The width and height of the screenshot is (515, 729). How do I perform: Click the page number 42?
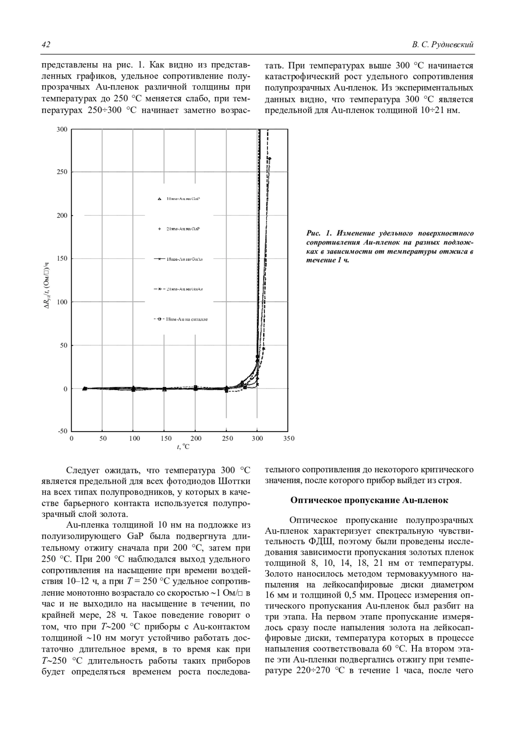46,45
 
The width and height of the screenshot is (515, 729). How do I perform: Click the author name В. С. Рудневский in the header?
442,45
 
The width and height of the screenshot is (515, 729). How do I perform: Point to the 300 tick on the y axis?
62,129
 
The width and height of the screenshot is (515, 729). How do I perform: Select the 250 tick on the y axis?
62,172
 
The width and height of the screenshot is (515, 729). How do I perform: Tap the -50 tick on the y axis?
62,431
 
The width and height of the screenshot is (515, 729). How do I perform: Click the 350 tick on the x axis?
289,438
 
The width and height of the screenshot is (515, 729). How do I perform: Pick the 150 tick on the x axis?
166,438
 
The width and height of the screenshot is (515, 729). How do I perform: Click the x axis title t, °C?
183,447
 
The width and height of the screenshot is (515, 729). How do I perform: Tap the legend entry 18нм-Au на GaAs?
184,259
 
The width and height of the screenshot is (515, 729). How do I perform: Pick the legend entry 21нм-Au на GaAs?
184,289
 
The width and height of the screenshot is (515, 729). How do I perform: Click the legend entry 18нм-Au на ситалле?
186,319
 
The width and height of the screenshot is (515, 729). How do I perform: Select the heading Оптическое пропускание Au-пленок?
369,500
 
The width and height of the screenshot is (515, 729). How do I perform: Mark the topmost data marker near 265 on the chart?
270,158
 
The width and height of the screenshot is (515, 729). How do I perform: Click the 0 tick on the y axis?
65,389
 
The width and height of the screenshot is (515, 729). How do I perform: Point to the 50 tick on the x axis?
103,438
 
